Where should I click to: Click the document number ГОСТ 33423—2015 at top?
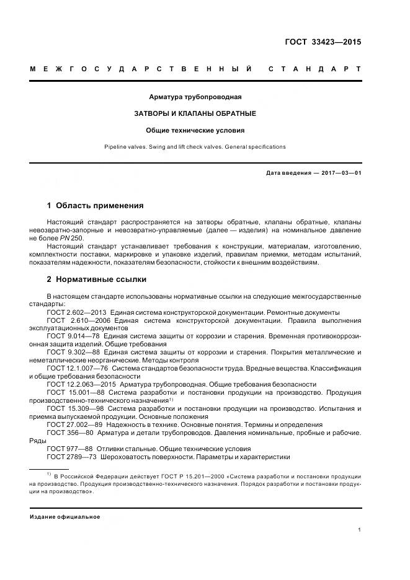click(323, 42)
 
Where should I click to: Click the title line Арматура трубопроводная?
click(195, 97)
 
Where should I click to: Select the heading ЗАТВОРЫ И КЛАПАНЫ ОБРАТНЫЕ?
click(195, 114)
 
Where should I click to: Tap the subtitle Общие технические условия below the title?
click(195, 131)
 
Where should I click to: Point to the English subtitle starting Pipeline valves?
click(195, 147)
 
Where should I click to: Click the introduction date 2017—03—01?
click(340, 173)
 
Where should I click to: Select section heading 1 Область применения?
click(95, 205)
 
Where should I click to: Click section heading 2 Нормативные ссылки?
click(96, 279)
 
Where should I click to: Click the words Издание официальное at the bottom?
click(65, 516)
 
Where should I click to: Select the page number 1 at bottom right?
click(359, 530)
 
